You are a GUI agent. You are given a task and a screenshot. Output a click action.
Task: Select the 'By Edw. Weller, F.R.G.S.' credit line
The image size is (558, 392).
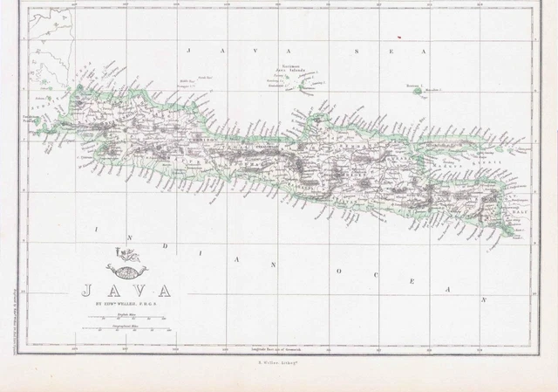pyautogui.click(x=117, y=305)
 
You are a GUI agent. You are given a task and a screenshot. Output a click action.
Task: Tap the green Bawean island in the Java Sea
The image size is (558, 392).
pyautogui.click(x=418, y=90)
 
